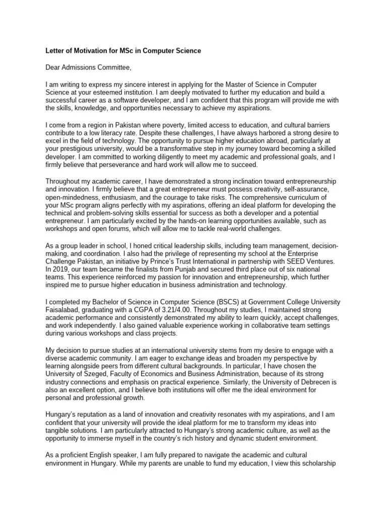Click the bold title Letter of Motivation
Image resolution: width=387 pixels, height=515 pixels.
pos(123,51)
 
